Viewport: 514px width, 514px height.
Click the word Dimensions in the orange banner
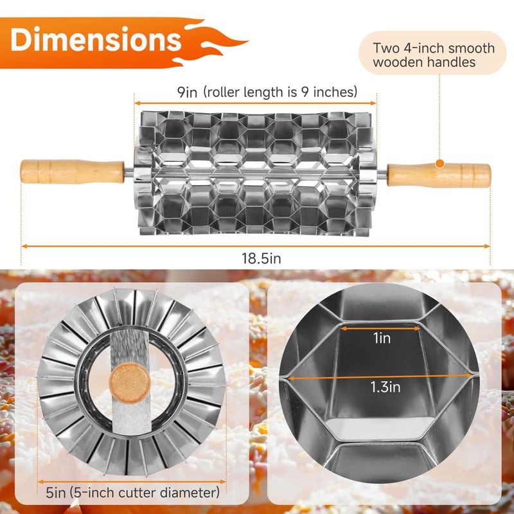pos(96,40)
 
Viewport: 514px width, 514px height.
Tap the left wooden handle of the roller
pos(72,172)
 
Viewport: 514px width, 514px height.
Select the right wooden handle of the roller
pos(439,175)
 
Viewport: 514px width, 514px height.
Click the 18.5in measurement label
pos(261,258)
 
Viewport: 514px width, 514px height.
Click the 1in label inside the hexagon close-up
pos(382,338)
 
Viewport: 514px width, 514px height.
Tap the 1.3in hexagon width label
pos(385,387)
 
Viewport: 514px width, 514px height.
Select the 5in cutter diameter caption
pos(132,492)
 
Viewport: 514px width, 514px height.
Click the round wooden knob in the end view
pos(130,382)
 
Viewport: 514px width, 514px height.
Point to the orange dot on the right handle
pos(439,164)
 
